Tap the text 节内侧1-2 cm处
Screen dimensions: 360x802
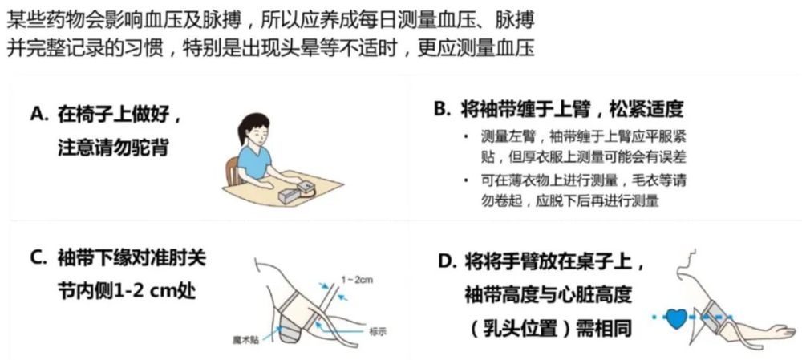(x=124, y=290)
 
